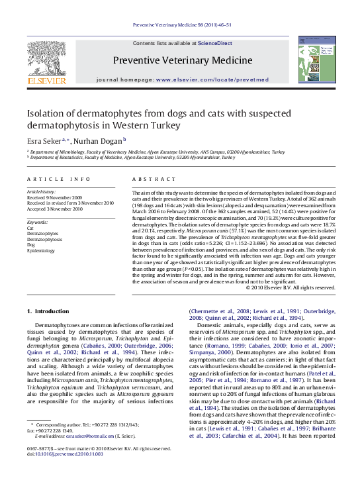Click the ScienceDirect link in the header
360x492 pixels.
pyautogui.click(x=215, y=43)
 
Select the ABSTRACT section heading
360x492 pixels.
pyautogui.click(x=148, y=179)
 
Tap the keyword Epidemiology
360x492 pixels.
pyautogui.click(x=42, y=251)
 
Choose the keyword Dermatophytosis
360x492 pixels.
pyautogui.click(x=44, y=239)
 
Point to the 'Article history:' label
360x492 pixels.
pyautogui.click(x=41, y=191)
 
